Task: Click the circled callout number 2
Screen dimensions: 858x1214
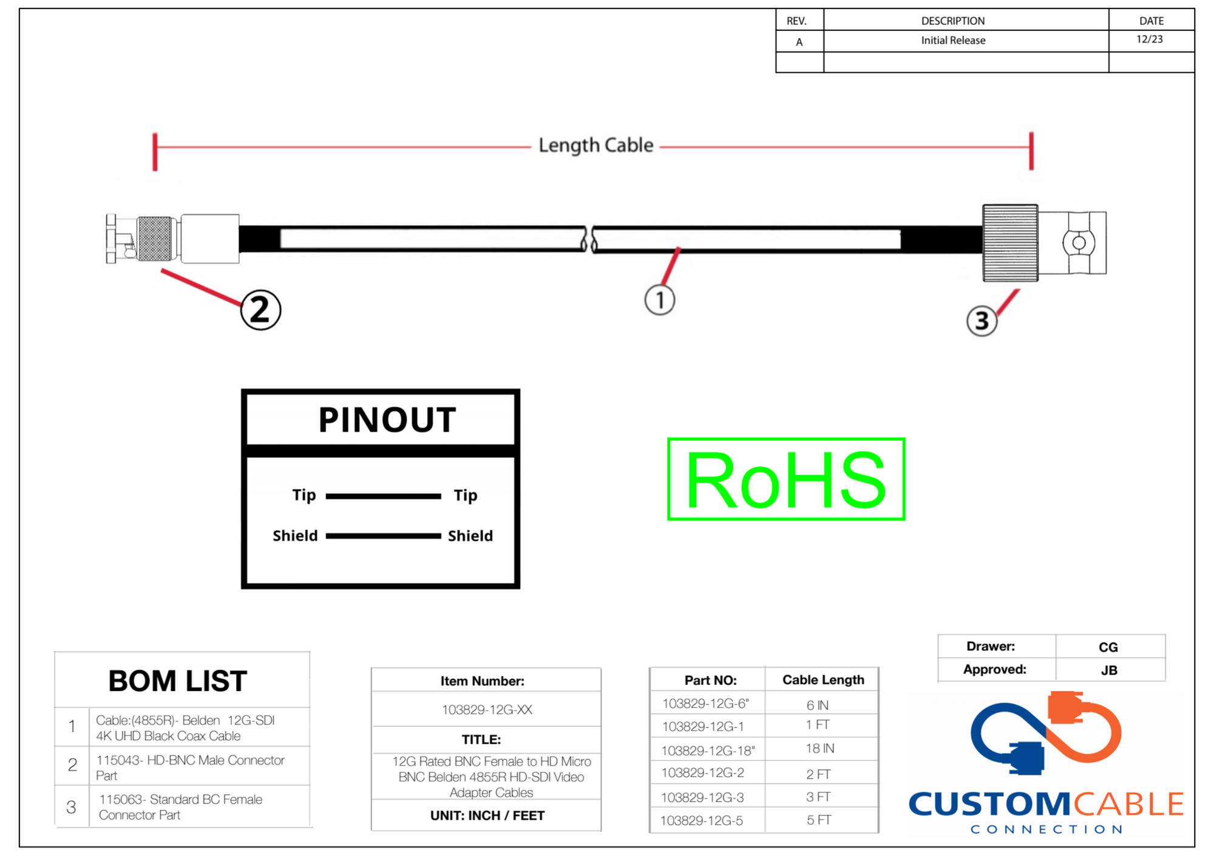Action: point(260,310)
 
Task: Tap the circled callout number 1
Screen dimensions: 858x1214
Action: point(659,300)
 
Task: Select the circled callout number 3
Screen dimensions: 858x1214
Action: point(981,321)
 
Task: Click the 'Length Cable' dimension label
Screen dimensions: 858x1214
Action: point(595,146)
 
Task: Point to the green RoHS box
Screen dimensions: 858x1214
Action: point(785,479)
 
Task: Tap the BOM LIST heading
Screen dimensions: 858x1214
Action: point(177,681)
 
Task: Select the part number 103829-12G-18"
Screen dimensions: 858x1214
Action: point(708,751)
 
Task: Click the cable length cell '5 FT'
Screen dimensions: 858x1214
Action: point(818,820)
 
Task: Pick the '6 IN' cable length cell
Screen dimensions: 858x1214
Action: point(817,705)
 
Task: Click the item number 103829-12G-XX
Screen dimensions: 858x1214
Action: point(487,709)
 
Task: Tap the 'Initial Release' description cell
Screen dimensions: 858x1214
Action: point(953,41)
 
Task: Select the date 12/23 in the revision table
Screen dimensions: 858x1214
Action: point(1150,39)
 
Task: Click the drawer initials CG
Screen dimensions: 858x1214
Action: point(1108,647)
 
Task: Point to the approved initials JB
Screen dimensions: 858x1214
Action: point(1109,670)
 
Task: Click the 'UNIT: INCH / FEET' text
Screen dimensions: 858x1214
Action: point(487,815)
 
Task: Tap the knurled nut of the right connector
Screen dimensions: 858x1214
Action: point(1010,243)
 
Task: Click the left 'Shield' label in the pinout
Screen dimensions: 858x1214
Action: point(295,536)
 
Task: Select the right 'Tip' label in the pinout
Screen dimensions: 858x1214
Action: point(466,495)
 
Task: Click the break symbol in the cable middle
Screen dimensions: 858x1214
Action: point(589,239)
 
